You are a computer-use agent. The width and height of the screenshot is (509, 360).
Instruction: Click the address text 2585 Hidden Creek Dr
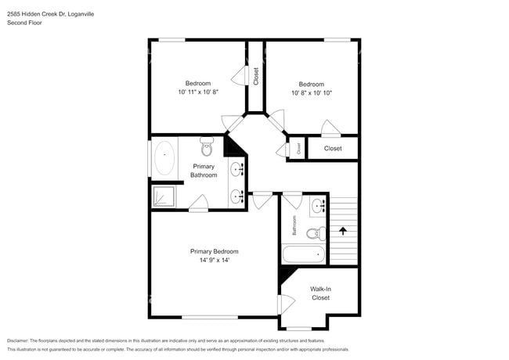click(x=36, y=13)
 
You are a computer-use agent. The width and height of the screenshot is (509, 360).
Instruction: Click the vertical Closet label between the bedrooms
click(x=256, y=75)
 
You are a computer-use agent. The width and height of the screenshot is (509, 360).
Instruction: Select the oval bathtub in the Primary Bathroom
click(x=164, y=159)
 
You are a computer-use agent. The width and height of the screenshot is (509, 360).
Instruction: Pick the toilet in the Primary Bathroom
click(x=208, y=147)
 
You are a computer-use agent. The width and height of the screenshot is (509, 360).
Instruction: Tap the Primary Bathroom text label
click(x=204, y=171)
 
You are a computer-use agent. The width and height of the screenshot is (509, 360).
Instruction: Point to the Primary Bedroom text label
click(x=214, y=251)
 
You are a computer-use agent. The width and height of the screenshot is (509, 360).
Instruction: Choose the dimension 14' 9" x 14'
click(x=214, y=261)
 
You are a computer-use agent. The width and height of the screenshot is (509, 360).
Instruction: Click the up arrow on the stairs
click(x=341, y=231)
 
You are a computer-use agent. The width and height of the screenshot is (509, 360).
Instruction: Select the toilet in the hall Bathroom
click(x=315, y=232)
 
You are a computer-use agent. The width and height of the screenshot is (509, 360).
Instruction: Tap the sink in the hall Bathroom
click(x=318, y=207)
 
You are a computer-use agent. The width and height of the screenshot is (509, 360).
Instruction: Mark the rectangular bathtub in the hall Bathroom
click(x=303, y=254)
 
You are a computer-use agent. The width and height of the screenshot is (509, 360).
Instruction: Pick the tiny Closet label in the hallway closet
click(x=298, y=148)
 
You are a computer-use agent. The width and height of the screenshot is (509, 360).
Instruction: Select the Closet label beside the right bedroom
click(x=333, y=148)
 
